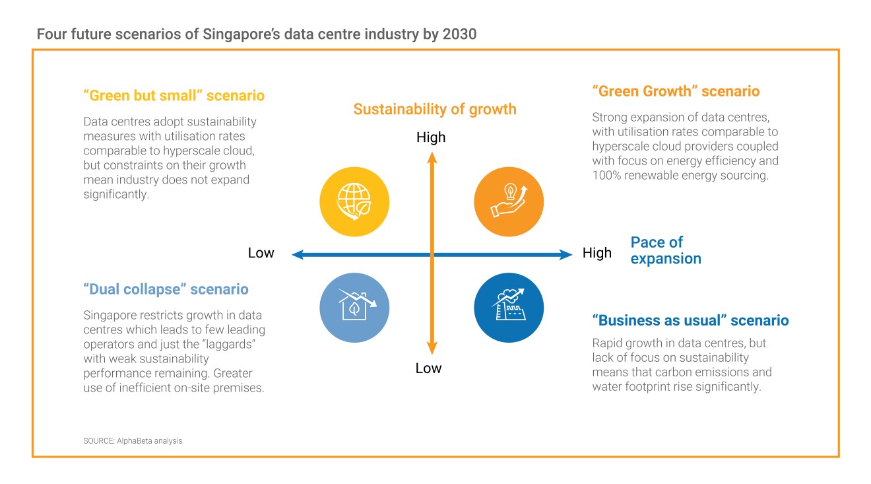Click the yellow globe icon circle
[x=354, y=201]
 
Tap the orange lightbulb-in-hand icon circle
[x=509, y=201]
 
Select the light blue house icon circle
[x=354, y=307]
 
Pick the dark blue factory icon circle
[x=509, y=307]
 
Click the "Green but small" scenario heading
[x=174, y=96]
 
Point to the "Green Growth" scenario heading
[x=676, y=91]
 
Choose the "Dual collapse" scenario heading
[x=166, y=289]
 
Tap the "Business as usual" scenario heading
[x=690, y=320]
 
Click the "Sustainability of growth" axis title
[x=434, y=109]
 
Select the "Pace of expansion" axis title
[x=665, y=250]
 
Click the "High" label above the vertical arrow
[x=431, y=137]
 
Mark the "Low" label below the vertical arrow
[x=428, y=368]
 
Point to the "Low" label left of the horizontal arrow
[x=261, y=253]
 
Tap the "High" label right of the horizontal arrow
[x=597, y=253]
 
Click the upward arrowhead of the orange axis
[x=432, y=156]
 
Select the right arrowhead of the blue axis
[x=567, y=254]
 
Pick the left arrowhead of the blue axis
[x=298, y=254]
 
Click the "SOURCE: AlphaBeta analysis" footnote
[x=133, y=440]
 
